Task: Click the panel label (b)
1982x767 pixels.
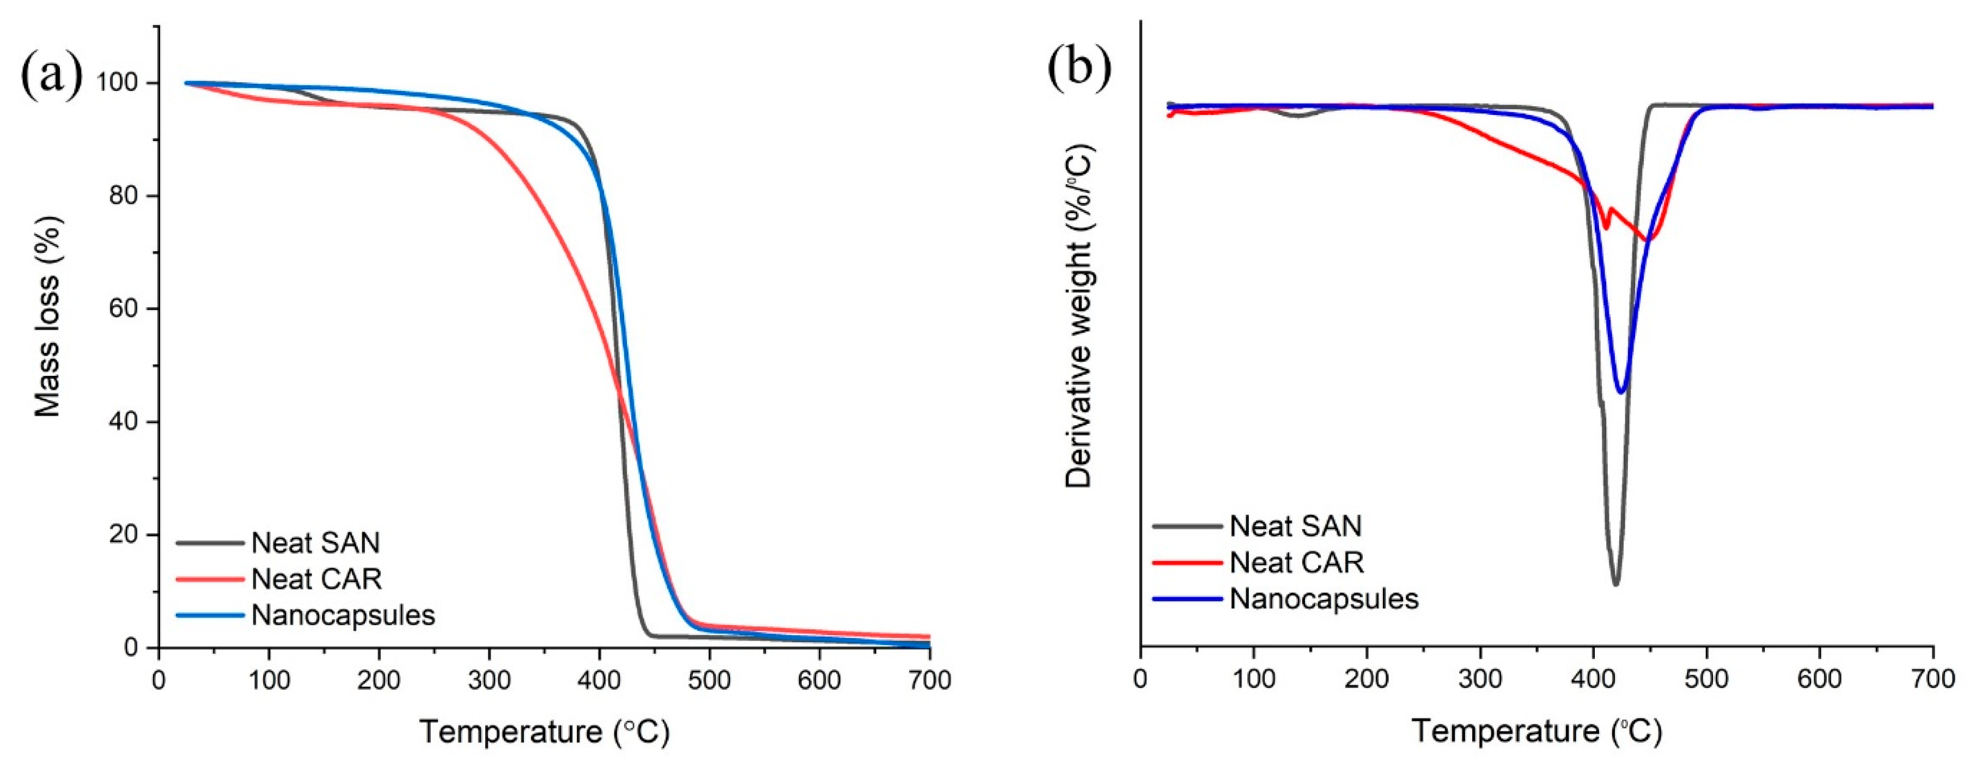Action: pos(1079,67)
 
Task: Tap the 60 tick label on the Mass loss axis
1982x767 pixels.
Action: pos(125,308)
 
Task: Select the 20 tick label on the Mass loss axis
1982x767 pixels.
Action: pos(125,535)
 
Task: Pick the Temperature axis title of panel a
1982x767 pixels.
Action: pos(544,732)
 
